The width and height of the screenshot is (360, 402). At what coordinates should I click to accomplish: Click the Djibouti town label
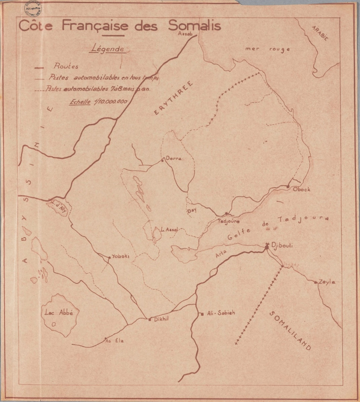[282, 245]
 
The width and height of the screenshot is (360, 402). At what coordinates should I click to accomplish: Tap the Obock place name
[302, 189]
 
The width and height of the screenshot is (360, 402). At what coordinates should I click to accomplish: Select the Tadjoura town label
[228, 221]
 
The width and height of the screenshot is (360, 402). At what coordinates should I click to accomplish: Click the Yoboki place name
[121, 256]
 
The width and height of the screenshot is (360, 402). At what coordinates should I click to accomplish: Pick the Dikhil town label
[160, 319]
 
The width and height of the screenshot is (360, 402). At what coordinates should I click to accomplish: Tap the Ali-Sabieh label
[221, 313]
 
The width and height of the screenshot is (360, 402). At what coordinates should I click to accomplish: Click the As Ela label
[114, 341]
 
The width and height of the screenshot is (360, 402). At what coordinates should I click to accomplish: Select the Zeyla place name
[327, 282]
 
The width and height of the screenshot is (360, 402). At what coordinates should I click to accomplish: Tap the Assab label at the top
[186, 33]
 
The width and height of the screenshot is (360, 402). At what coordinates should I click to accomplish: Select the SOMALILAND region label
[290, 331]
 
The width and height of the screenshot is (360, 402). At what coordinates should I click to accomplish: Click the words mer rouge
[261, 49]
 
